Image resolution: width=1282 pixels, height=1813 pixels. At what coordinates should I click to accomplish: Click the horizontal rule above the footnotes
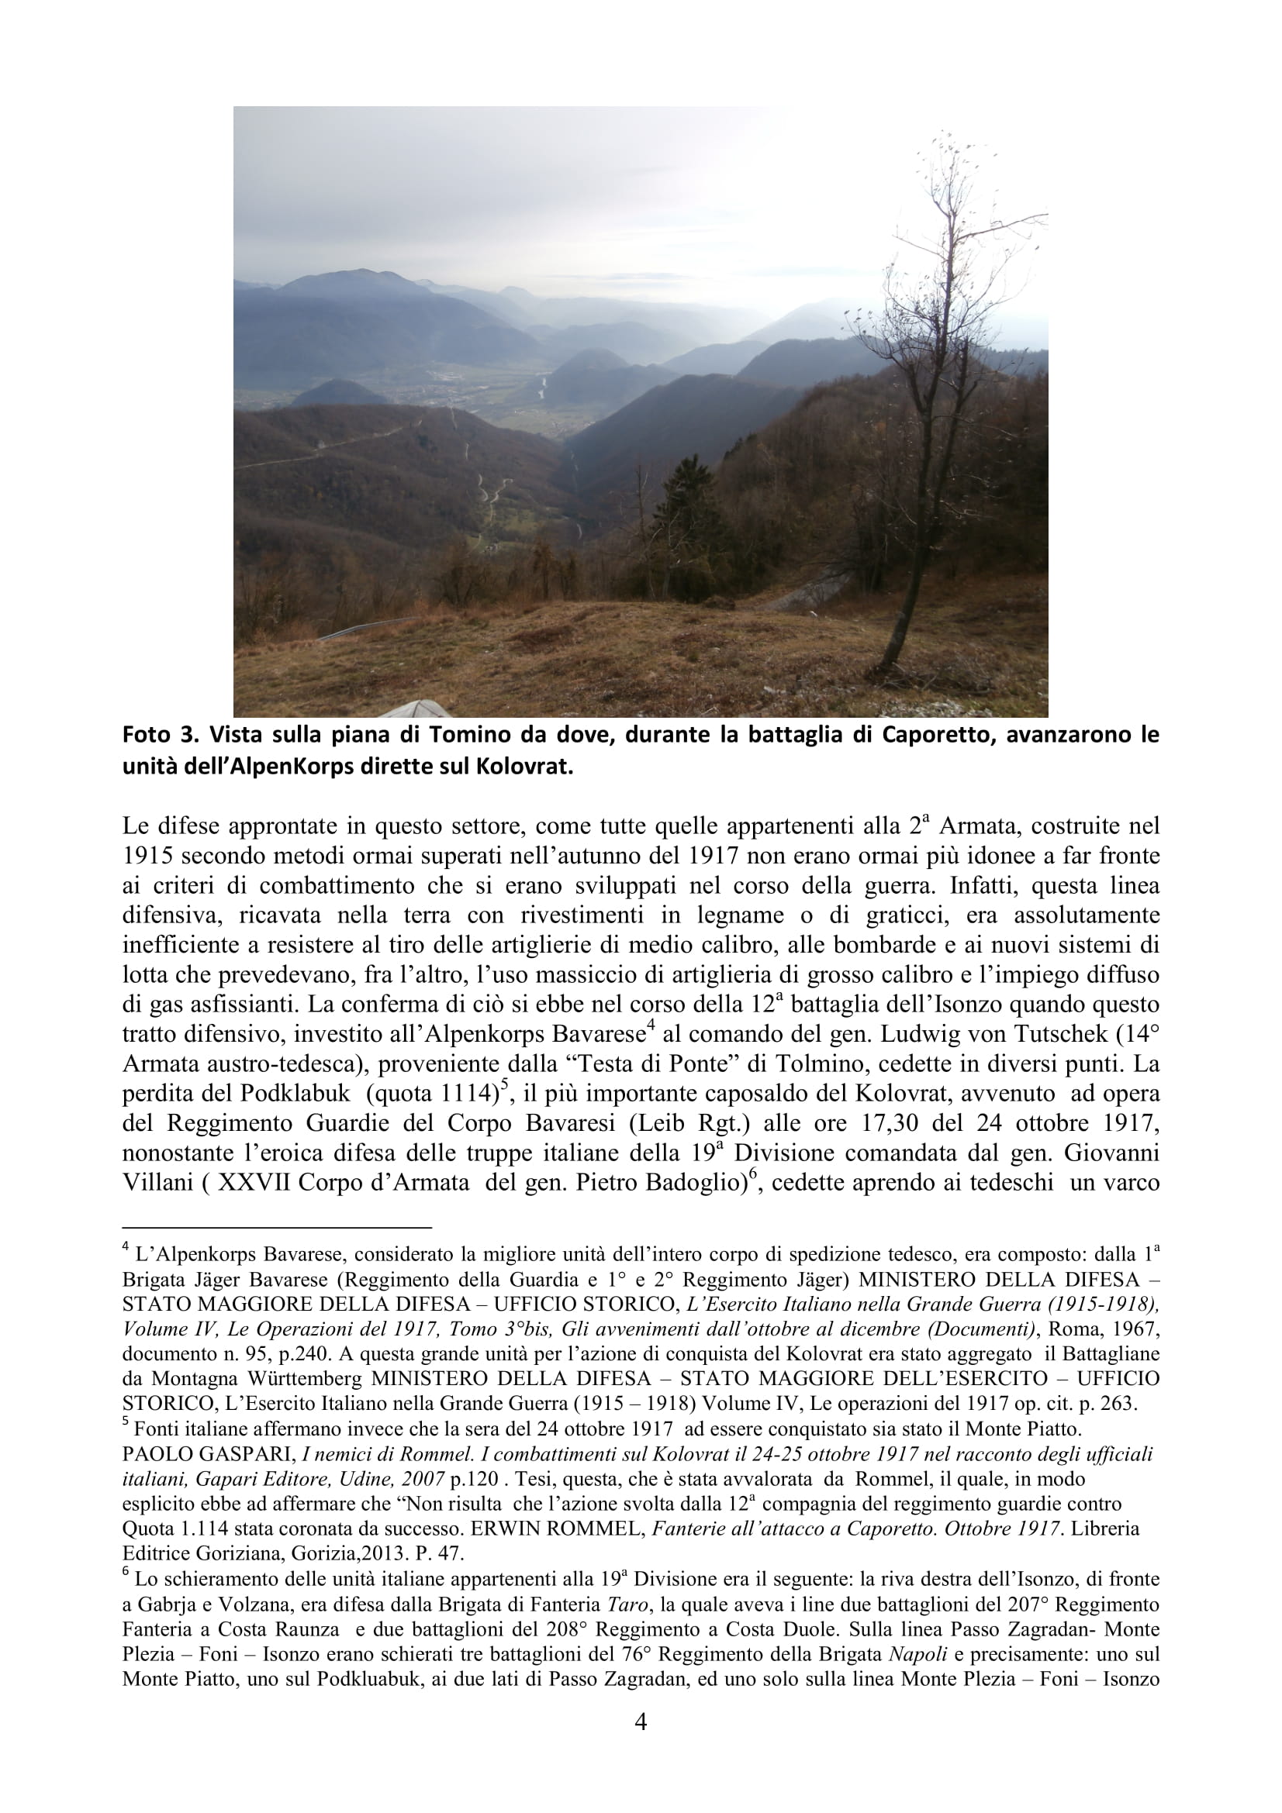[x=276, y=1228]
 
